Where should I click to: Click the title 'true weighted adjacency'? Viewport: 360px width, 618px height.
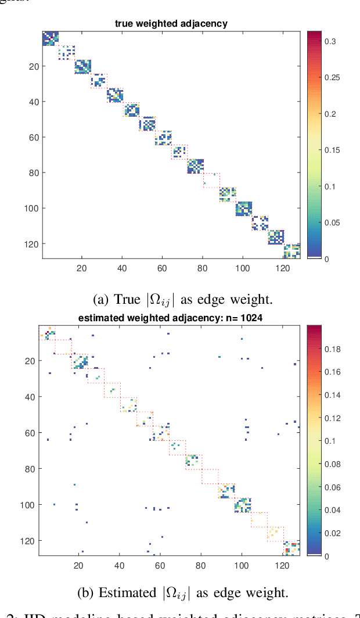pyautogui.click(x=171, y=23)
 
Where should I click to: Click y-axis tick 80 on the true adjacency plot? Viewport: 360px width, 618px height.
pyautogui.click(x=33, y=173)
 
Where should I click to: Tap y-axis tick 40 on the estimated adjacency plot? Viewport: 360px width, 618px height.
pyautogui.click(x=33, y=397)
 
